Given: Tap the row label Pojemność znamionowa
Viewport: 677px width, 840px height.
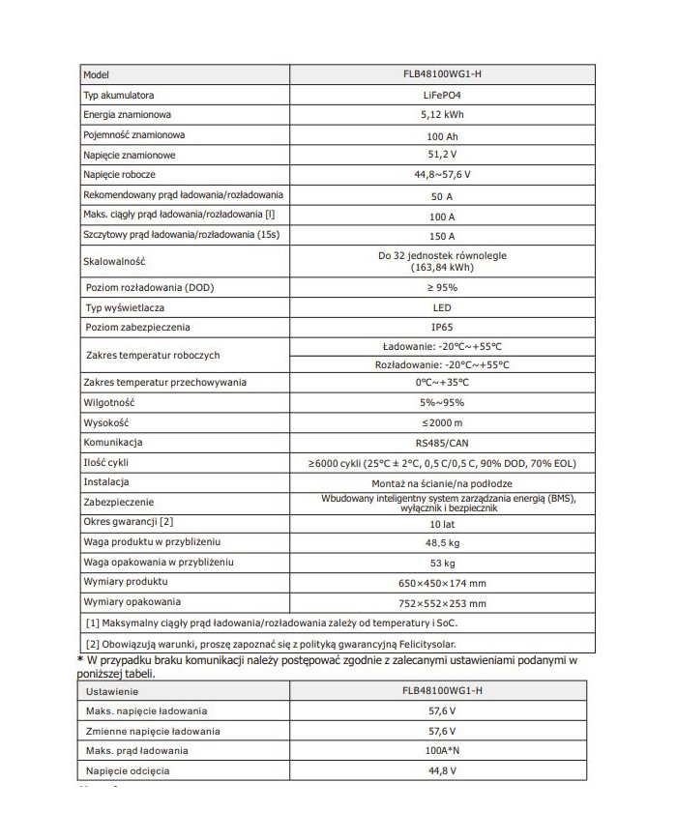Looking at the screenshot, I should click(134, 135).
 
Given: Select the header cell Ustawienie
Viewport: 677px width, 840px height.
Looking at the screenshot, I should click(112, 691).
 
